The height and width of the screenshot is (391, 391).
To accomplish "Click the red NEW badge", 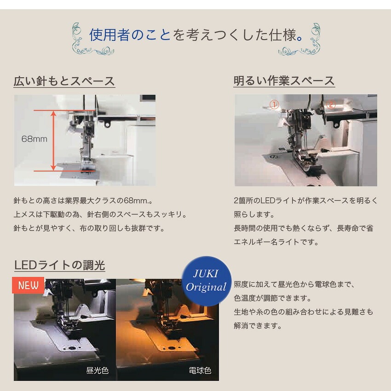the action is click(x=28, y=285).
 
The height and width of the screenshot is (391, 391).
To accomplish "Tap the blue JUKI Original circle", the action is click(x=206, y=281).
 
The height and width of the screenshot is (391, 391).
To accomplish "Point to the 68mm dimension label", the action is click(x=34, y=139).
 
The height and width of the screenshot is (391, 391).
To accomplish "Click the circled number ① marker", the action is click(x=274, y=104).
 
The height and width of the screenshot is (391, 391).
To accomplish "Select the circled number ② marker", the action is click(x=331, y=104).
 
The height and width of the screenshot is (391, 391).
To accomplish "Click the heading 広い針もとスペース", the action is click(x=64, y=81).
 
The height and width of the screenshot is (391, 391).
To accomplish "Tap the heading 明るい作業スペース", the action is click(x=284, y=81).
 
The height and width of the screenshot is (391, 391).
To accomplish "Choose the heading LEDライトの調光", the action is click(x=60, y=265).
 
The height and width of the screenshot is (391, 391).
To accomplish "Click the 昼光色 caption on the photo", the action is click(x=97, y=371).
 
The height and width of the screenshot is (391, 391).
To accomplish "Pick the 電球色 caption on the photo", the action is click(x=200, y=371).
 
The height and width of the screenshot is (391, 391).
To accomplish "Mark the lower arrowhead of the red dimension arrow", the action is click(x=53, y=168).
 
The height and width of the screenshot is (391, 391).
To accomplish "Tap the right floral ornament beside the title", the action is click(x=299, y=39).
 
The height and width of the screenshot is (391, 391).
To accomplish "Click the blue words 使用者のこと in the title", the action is click(x=130, y=34).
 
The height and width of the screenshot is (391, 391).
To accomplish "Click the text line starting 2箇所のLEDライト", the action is click(x=306, y=201).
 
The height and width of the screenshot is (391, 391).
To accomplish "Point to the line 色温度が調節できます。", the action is click(x=272, y=298).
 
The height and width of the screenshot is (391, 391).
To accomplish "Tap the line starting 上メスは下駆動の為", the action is click(x=100, y=214).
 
